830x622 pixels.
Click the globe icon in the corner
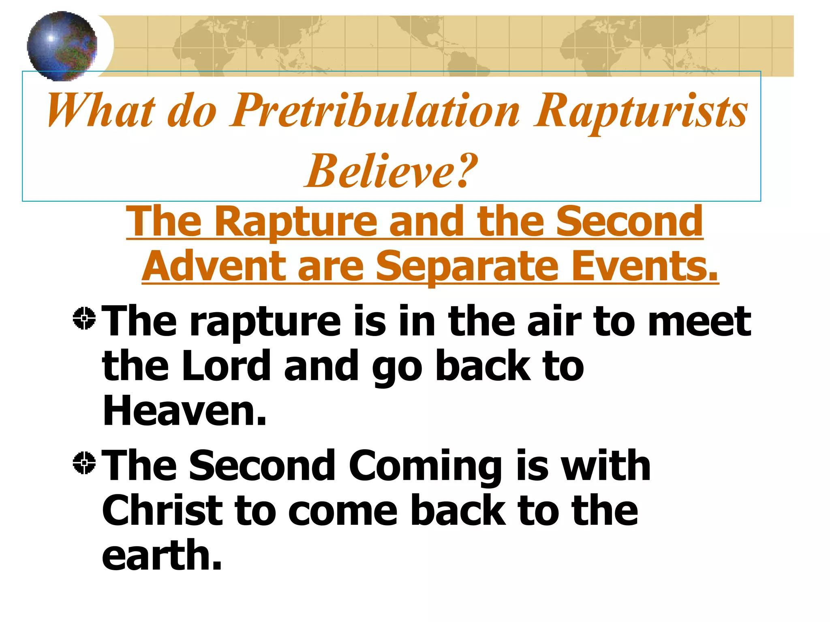pyautogui.click(x=62, y=45)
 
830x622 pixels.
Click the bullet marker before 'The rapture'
pyautogui.click(x=84, y=318)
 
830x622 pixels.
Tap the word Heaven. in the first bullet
pyautogui.click(x=184, y=411)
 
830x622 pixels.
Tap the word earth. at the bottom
pyautogui.click(x=162, y=556)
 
